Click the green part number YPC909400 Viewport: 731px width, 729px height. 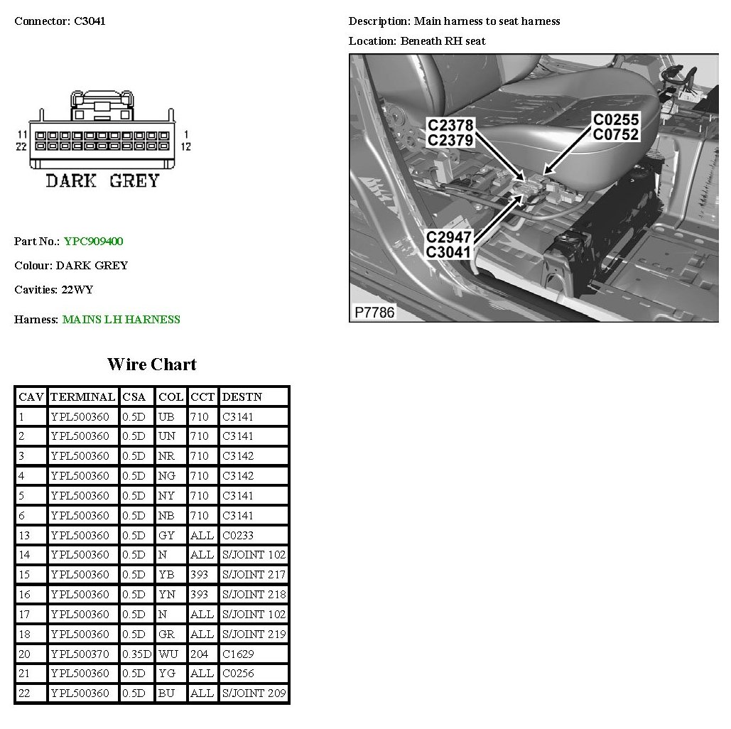tap(93, 242)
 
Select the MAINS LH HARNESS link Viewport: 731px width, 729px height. tap(121, 320)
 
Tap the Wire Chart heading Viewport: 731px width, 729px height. tap(151, 364)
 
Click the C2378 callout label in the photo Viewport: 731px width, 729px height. tap(450, 125)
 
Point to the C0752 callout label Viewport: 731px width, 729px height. tap(616, 135)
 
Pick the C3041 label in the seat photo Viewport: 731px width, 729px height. tap(449, 252)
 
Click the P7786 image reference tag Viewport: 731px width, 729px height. tap(374, 312)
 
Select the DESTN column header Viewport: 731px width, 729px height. tap(242, 396)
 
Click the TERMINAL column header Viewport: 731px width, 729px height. tap(82, 396)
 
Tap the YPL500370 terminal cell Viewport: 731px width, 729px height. tap(80, 654)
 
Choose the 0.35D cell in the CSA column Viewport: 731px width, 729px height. tap(136, 654)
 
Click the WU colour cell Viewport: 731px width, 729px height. tap(168, 654)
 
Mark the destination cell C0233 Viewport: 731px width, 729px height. tap(237, 535)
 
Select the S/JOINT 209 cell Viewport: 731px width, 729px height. tap(254, 693)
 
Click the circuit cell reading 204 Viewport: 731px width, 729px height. tap(199, 654)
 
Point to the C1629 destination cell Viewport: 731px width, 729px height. tap(237, 654)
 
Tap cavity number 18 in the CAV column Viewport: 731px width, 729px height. tap(25, 634)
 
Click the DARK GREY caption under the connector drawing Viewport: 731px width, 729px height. tap(102, 181)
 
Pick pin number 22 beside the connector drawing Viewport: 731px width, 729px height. tap(22, 147)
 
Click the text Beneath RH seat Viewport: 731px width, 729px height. tap(443, 41)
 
